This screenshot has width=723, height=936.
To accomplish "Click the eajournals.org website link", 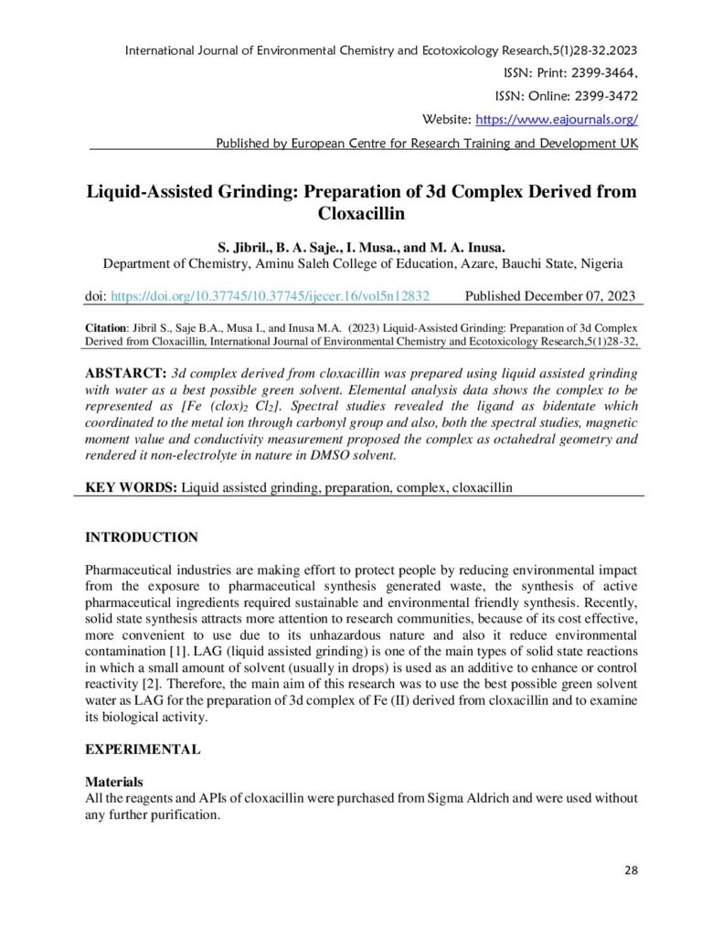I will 556,120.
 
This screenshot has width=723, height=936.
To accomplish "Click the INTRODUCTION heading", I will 142,537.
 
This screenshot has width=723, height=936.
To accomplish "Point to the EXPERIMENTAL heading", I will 143,749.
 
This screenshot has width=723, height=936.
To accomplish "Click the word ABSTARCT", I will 125,375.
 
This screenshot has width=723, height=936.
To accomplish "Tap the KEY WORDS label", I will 131,487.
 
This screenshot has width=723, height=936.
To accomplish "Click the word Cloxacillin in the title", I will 361,215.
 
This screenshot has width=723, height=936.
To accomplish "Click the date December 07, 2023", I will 577,296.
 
